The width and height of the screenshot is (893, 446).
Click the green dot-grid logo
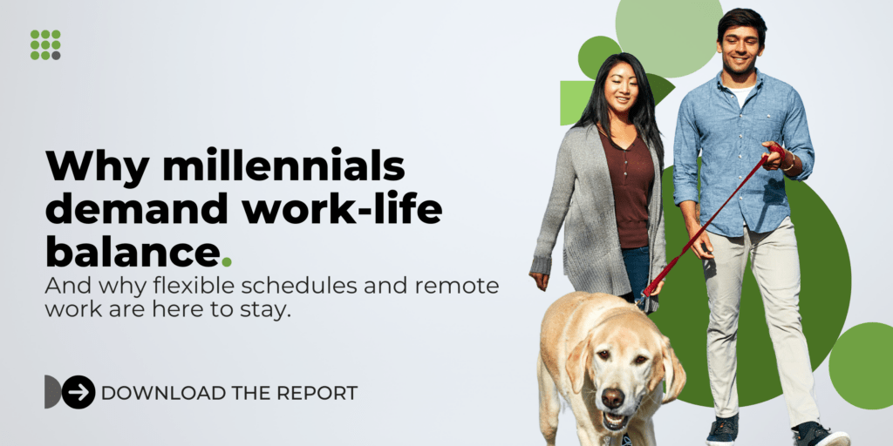(45, 44)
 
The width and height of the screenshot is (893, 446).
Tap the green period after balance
(228, 260)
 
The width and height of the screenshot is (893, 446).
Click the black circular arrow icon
(78, 392)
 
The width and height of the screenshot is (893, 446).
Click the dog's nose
(613, 398)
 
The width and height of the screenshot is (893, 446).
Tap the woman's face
(621, 86)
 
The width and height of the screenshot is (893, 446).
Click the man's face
(740, 48)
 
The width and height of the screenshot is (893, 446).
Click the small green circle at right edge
(862, 365)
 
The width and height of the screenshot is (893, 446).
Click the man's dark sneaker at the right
(817, 434)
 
